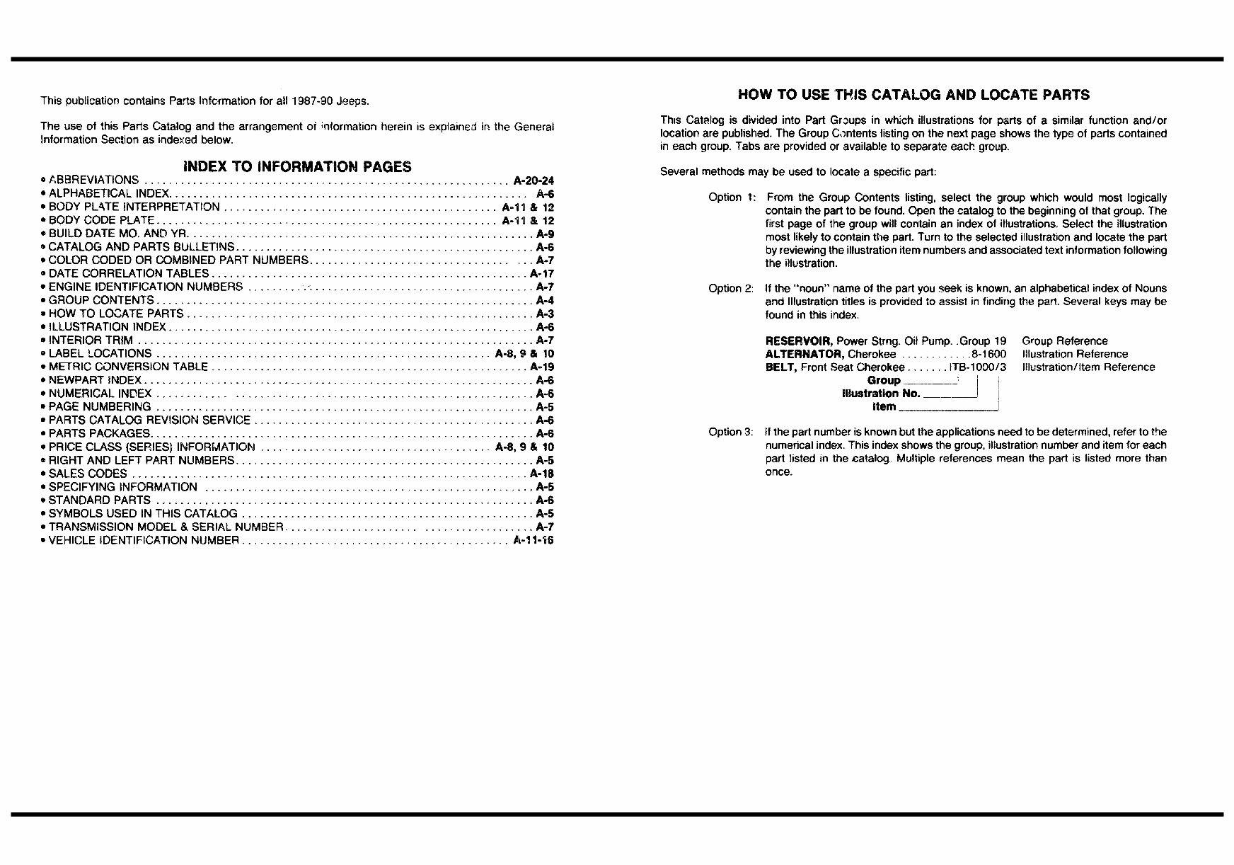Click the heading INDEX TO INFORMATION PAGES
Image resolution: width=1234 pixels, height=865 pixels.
pyautogui.click(x=297, y=167)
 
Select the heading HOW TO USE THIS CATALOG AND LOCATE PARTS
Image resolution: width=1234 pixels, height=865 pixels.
pyautogui.click(x=913, y=95)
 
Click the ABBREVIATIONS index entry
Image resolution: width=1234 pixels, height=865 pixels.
pyautogui.click(x=93, y=181)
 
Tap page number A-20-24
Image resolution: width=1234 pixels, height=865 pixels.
pyautogui.click(x=534, y=181)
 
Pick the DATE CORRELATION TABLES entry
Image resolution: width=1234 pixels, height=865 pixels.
pyautogui.click(x=129, y=273)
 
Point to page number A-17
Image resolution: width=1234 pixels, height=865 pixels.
pyautogui.click(x=542, y=273)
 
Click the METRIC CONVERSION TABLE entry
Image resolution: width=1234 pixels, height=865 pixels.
pyautogui.click(x=128, y=367)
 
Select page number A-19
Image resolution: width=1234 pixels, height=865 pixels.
pyautogui.click(x=542, y=367)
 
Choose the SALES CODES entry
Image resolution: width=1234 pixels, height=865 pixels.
pyautogui.click(x=88, y=474)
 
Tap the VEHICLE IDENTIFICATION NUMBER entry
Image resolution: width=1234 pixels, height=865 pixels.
pyautogui.click(x=144, y=541)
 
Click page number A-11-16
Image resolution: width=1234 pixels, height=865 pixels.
pyautogui.click(x=534, y=541)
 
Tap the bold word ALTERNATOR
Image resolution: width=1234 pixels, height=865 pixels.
pyautogui.click(x=805, y=354)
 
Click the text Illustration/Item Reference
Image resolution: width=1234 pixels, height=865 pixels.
pyautogui.click(x=1088, y=367)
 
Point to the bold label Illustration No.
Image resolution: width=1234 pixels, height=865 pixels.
pyautogui.click(x=881, y=394)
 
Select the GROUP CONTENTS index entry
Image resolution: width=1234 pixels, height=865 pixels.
pyautogui.click(x=101, y=300)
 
